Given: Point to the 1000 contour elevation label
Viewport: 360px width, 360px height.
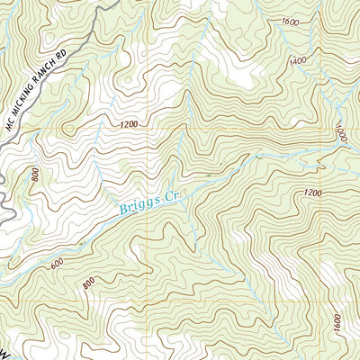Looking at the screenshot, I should tap(341, 133).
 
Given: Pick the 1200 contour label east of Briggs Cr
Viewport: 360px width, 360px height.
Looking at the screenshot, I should tap(312, 193).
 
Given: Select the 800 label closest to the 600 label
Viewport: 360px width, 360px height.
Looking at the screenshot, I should tap(87, 285).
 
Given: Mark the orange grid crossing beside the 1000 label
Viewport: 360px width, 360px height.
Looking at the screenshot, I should tap(326, 128).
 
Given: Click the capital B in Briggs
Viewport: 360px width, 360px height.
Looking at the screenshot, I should tap(121, 212).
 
